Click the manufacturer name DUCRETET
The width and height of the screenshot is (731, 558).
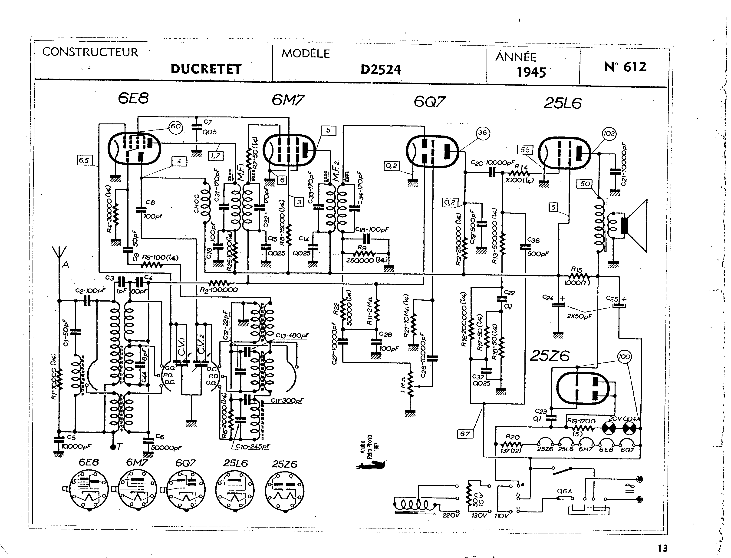coord(206,69)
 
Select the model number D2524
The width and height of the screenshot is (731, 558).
coord(381,70)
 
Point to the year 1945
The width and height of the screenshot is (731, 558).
coord(531,72)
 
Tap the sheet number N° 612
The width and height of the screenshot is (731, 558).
coord(625,67)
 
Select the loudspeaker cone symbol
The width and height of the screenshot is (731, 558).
coord(636,226)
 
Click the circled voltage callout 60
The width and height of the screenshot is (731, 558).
coord(176,127)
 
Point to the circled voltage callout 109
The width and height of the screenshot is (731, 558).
coord(624,357)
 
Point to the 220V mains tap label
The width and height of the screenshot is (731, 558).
coord(451,515)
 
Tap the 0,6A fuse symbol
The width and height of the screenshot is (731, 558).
coord(565,498)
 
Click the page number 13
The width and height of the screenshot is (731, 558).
coord(662,548)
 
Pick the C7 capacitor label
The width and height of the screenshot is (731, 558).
coord(207,122)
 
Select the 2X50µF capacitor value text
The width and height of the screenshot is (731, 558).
coord(579,316)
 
